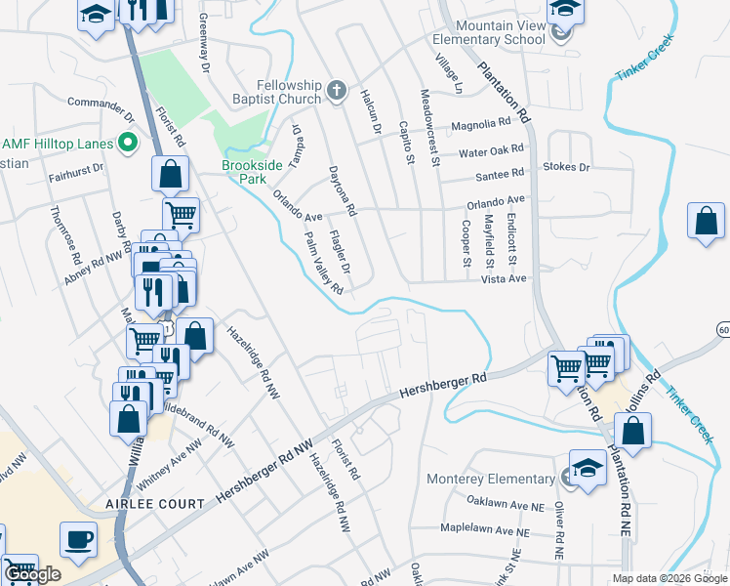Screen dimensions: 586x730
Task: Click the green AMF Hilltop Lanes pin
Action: coord(127,144)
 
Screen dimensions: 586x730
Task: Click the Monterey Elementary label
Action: coord(490,479)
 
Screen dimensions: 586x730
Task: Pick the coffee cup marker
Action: coord(77,538)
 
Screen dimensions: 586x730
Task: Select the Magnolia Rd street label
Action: coord(481,125)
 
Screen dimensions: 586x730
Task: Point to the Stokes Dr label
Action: coord(568,167)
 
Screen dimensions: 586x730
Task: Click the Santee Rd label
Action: coord(500,174)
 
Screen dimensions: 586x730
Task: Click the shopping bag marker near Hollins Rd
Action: coord(632,431)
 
